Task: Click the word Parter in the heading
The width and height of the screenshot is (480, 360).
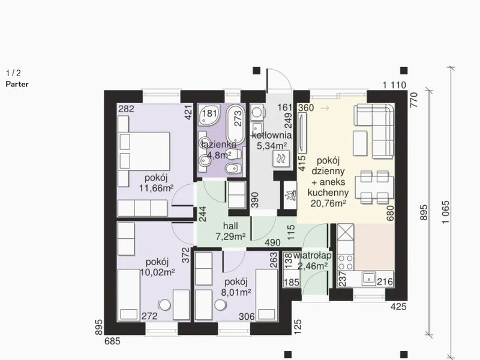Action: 17,84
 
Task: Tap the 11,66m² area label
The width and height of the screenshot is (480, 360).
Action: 156,188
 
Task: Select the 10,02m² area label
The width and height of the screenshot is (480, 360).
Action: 157,272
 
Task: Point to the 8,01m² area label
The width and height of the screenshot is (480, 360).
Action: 236,292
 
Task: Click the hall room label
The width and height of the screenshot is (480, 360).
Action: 230,226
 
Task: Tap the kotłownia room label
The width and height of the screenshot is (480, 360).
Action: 272,135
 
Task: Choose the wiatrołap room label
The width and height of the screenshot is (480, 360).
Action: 312,256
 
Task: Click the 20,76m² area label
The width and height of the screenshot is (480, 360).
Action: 328,203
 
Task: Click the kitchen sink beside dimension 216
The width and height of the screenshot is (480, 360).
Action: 368,279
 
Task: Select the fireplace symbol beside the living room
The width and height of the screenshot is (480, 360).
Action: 290,196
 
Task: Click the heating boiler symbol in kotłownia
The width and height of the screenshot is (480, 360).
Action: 281,159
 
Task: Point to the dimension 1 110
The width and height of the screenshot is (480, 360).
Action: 394,85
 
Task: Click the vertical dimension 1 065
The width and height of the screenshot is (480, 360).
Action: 446,212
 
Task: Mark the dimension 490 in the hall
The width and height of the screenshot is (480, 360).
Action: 272,242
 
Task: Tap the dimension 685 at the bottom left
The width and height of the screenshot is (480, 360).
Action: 112,341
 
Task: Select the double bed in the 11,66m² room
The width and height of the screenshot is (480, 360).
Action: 144,151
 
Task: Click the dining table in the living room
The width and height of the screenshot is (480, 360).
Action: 374,187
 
